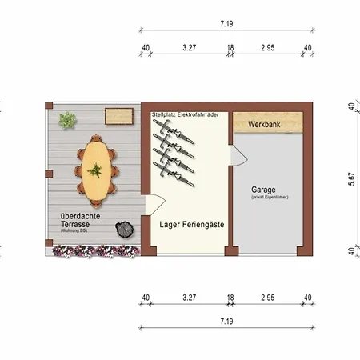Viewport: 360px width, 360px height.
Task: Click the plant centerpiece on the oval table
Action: point(95,170)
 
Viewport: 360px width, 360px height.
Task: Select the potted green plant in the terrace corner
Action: point(67,121)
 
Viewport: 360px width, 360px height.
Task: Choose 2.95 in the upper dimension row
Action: point(268,48)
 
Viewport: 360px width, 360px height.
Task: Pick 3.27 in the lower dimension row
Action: point(189,298)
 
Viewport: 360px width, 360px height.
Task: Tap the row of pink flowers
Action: point(94,250)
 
